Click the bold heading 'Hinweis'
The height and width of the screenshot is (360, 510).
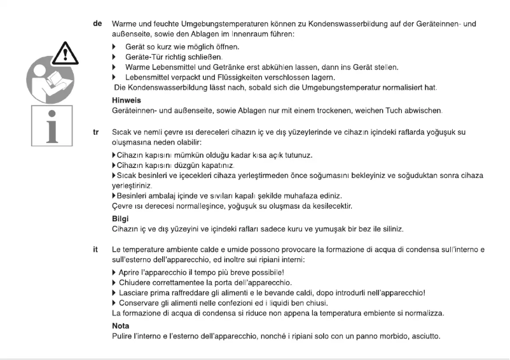point(125,100)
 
